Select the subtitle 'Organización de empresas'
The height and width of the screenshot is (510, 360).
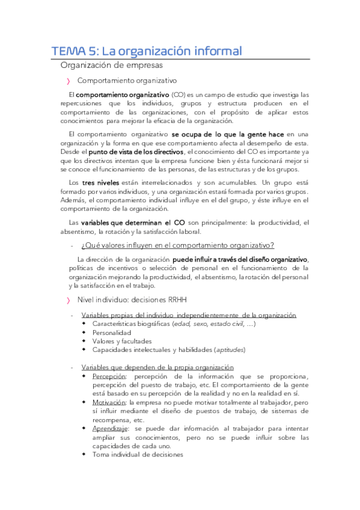[x=111, y=65]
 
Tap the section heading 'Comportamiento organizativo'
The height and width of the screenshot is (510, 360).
[x=127, y=80]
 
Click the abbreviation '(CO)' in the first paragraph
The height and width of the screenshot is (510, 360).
[x=178, y=95]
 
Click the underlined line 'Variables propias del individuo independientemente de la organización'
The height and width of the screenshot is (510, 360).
[x=189, y=315]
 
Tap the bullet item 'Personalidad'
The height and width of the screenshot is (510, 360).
[x=112, y=333]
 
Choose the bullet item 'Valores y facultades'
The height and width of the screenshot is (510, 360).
[x=122, y=341]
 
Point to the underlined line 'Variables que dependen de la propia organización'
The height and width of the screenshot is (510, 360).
[x=157, y=367]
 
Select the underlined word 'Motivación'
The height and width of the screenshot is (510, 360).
[x=109, y=402]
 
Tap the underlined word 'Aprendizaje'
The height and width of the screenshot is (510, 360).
[x=111, y=428]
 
